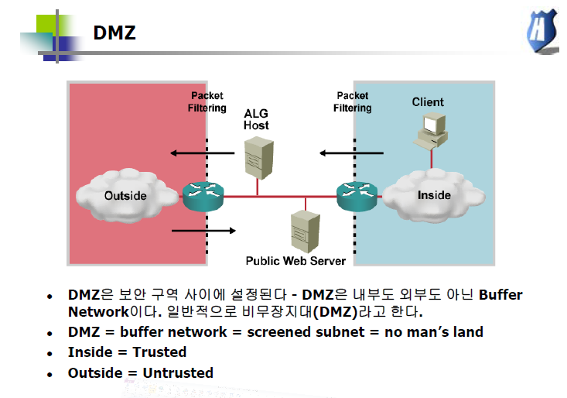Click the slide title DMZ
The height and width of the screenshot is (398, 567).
pyautogui.click(x=114, y=33)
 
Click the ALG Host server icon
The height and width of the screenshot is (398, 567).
pyautogui.click(x=256, y=158)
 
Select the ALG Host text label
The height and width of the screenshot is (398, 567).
pyautogui.click(x=256, y=119)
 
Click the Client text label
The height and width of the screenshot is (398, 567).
pyautogui.click(x=428, y=102)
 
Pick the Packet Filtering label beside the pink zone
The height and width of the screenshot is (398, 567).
pyautogui.click(x=207, y=102)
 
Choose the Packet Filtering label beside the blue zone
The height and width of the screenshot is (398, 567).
pyautogui.click(x=353, y=102)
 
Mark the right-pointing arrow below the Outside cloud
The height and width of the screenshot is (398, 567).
pyautogui.click(x=203, y=231)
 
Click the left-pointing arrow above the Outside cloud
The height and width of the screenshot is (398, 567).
pyautogui.click(x=203, y=153)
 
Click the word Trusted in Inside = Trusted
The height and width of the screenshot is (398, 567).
pyautogui.click(x=160, y=352)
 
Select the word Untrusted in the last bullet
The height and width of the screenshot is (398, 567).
pyautogui.click(x=178, y=372)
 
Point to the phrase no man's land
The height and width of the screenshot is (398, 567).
pyautogui.click(x=435, y=331)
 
